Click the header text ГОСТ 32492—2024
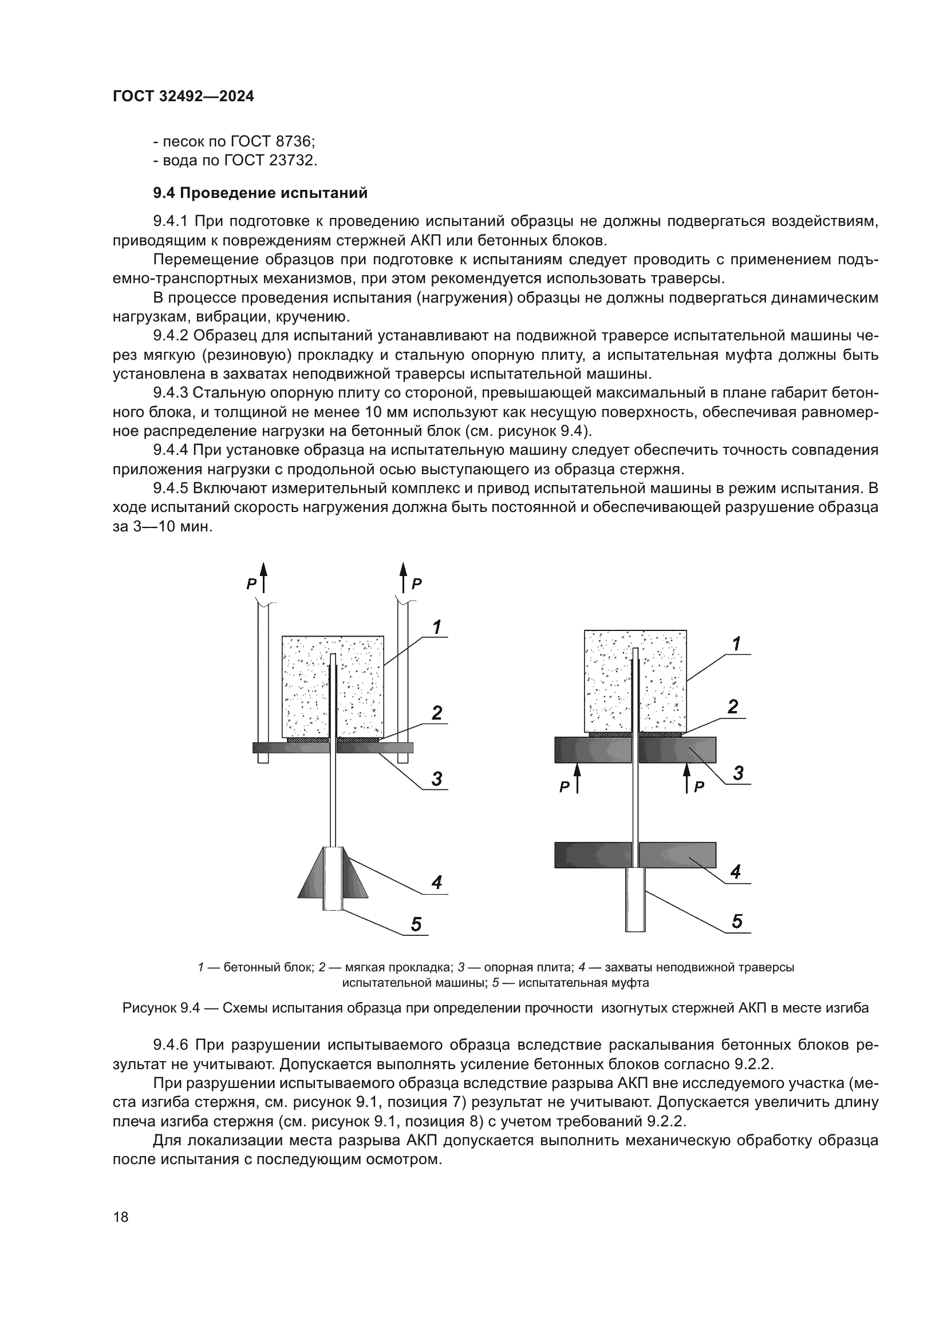coord(183,97)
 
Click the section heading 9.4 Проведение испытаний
coord(260,193)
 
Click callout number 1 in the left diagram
coord(436,628)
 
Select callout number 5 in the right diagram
coord(736,922)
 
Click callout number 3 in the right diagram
coord(737,773)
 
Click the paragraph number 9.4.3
coord(172,394)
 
